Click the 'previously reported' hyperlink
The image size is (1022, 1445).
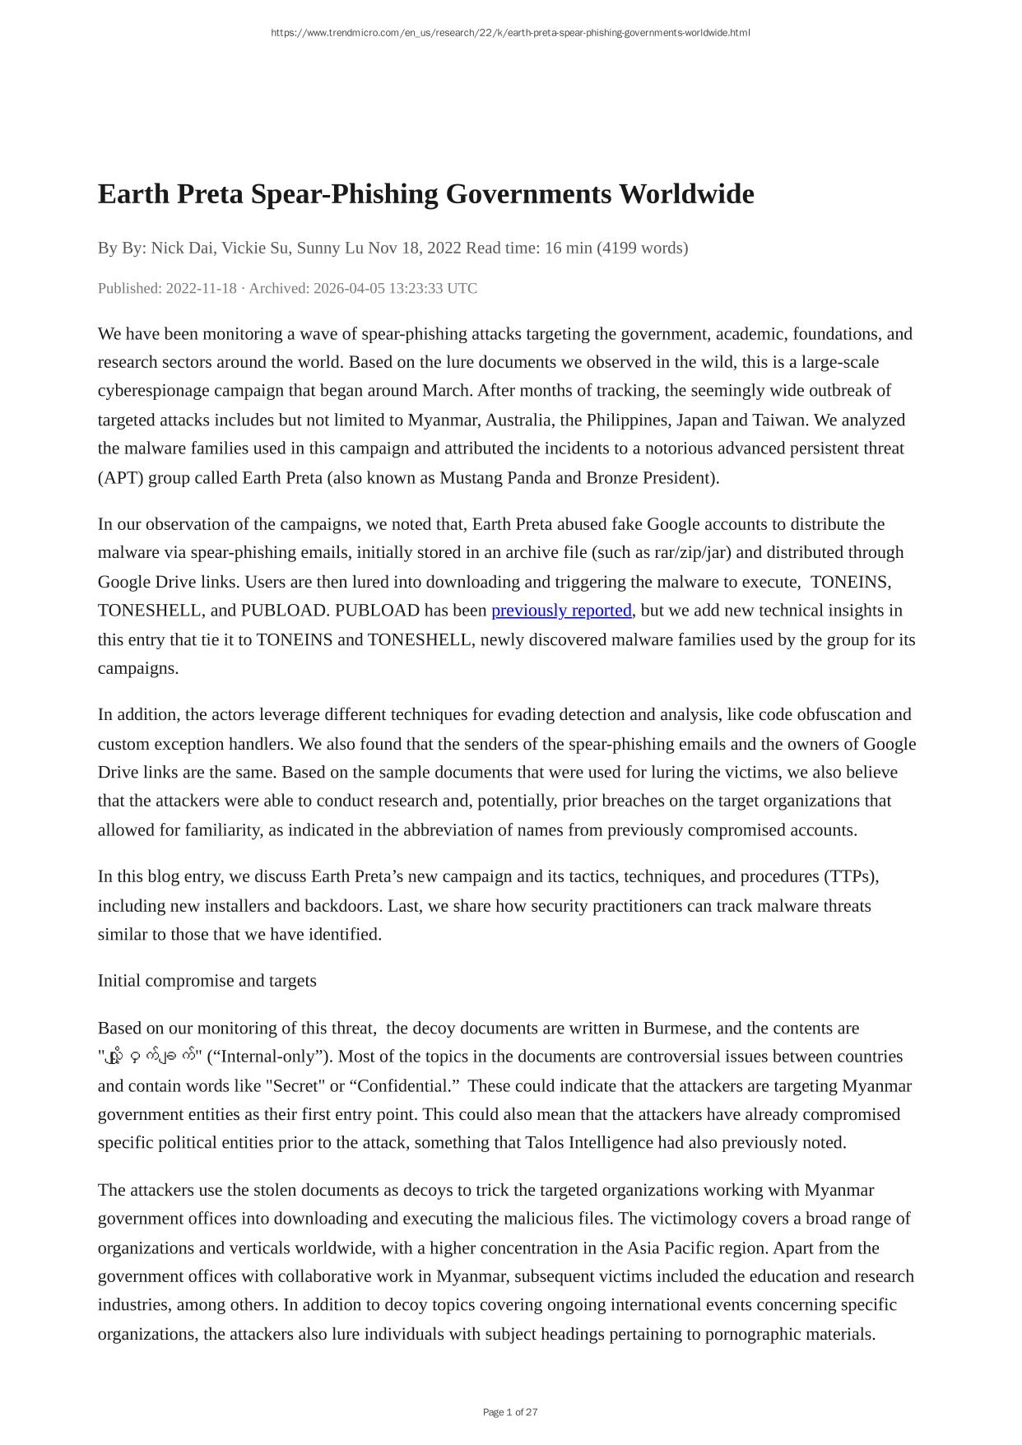[x=561, y=611]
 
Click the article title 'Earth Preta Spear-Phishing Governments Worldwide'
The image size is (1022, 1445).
[x=425, y=194]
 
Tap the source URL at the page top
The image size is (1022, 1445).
[x=510, y=33]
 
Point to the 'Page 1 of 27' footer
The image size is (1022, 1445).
[x=510, y=1412]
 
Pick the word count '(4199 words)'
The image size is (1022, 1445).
[x=642, y=248]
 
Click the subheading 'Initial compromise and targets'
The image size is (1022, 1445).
[x=207, y=981]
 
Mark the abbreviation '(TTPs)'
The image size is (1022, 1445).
[x=851, y=876]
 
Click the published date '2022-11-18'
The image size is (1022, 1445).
[x=201, y=288]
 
